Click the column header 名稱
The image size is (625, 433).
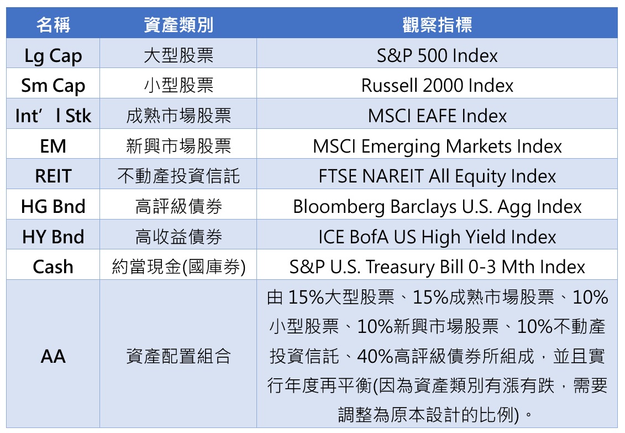(53, 25)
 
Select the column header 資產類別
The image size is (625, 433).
(178, 25)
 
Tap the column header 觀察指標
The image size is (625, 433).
(437, 25)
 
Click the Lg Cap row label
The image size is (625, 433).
(53, 56)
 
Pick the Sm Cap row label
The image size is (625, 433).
(53, 86)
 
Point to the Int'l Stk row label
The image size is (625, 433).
(53, 116)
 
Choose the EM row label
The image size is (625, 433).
(53, 147)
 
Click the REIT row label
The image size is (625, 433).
(53, 176)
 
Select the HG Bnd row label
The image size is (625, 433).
(53, 206)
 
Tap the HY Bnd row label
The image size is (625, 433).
(53, 237)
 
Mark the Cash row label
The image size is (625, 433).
(53, 267)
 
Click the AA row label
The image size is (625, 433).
(53, 356)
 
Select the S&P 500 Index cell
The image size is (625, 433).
(437, 56)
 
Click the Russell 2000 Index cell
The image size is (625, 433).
(437, 86)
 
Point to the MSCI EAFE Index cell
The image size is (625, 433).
(437, 116)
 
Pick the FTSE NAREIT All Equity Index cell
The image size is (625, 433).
(437, 176)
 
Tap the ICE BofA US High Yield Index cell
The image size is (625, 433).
(437, 237)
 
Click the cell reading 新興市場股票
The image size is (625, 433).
(178, 147)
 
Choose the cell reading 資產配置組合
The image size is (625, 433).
(178, 356)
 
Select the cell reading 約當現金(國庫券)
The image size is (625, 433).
(178, 267)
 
